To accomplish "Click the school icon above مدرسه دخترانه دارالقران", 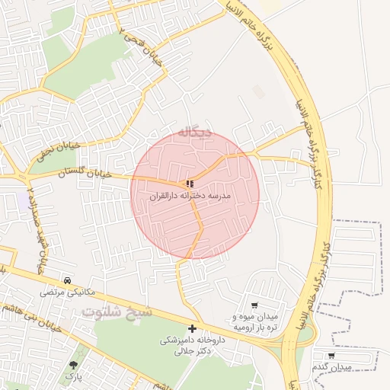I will pos(190,184).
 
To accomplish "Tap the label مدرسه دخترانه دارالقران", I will pos(190,196).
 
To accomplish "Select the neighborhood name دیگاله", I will pos(195,132).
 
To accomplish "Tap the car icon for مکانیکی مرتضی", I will pos(69,280).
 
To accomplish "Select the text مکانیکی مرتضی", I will pos(69,292).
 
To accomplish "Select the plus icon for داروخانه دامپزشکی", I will pos(192,328).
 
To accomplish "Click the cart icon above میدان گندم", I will pos(331,355).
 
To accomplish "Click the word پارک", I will pos(73,376).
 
